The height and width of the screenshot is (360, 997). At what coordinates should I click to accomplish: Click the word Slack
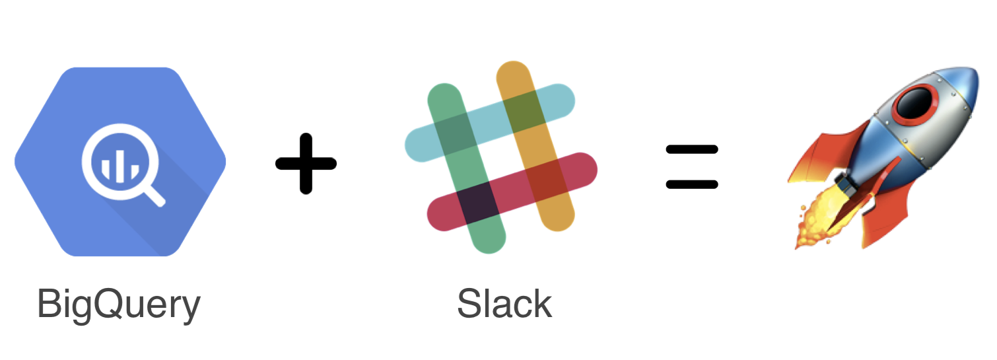pyautogui.click(x=504, y=303)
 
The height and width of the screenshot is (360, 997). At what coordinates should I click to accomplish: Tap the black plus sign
pyautogui.click(x=306, y=164)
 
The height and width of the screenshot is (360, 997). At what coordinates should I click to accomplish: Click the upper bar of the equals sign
pyautogui.click(x=692, y=149)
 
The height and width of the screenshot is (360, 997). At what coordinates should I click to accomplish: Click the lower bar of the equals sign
pyautogui.click(x=692, y=184)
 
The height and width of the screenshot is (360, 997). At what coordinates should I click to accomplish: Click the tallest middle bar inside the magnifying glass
pyautogui.click(x=120, y=166)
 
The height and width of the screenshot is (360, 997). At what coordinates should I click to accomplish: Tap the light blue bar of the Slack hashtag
pyautogui.click(x=490, y=123)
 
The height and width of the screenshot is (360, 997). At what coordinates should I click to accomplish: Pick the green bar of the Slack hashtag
pyautogui.click(x=466, y=168)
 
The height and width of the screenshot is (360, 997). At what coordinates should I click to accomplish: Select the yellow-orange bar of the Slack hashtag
pyautogui.click(x=535, y=146)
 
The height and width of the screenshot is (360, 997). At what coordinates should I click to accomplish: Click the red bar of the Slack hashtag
pyautogui.click(x=512, y=192)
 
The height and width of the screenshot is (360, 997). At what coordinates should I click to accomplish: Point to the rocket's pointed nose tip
pyautogui.click(x=977, y=70)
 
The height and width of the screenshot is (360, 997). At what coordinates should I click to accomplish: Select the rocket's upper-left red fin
pyautogui.click(x=825, y=154)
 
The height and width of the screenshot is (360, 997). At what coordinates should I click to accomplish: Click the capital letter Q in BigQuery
pyautogui.click(x=109, y=305)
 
